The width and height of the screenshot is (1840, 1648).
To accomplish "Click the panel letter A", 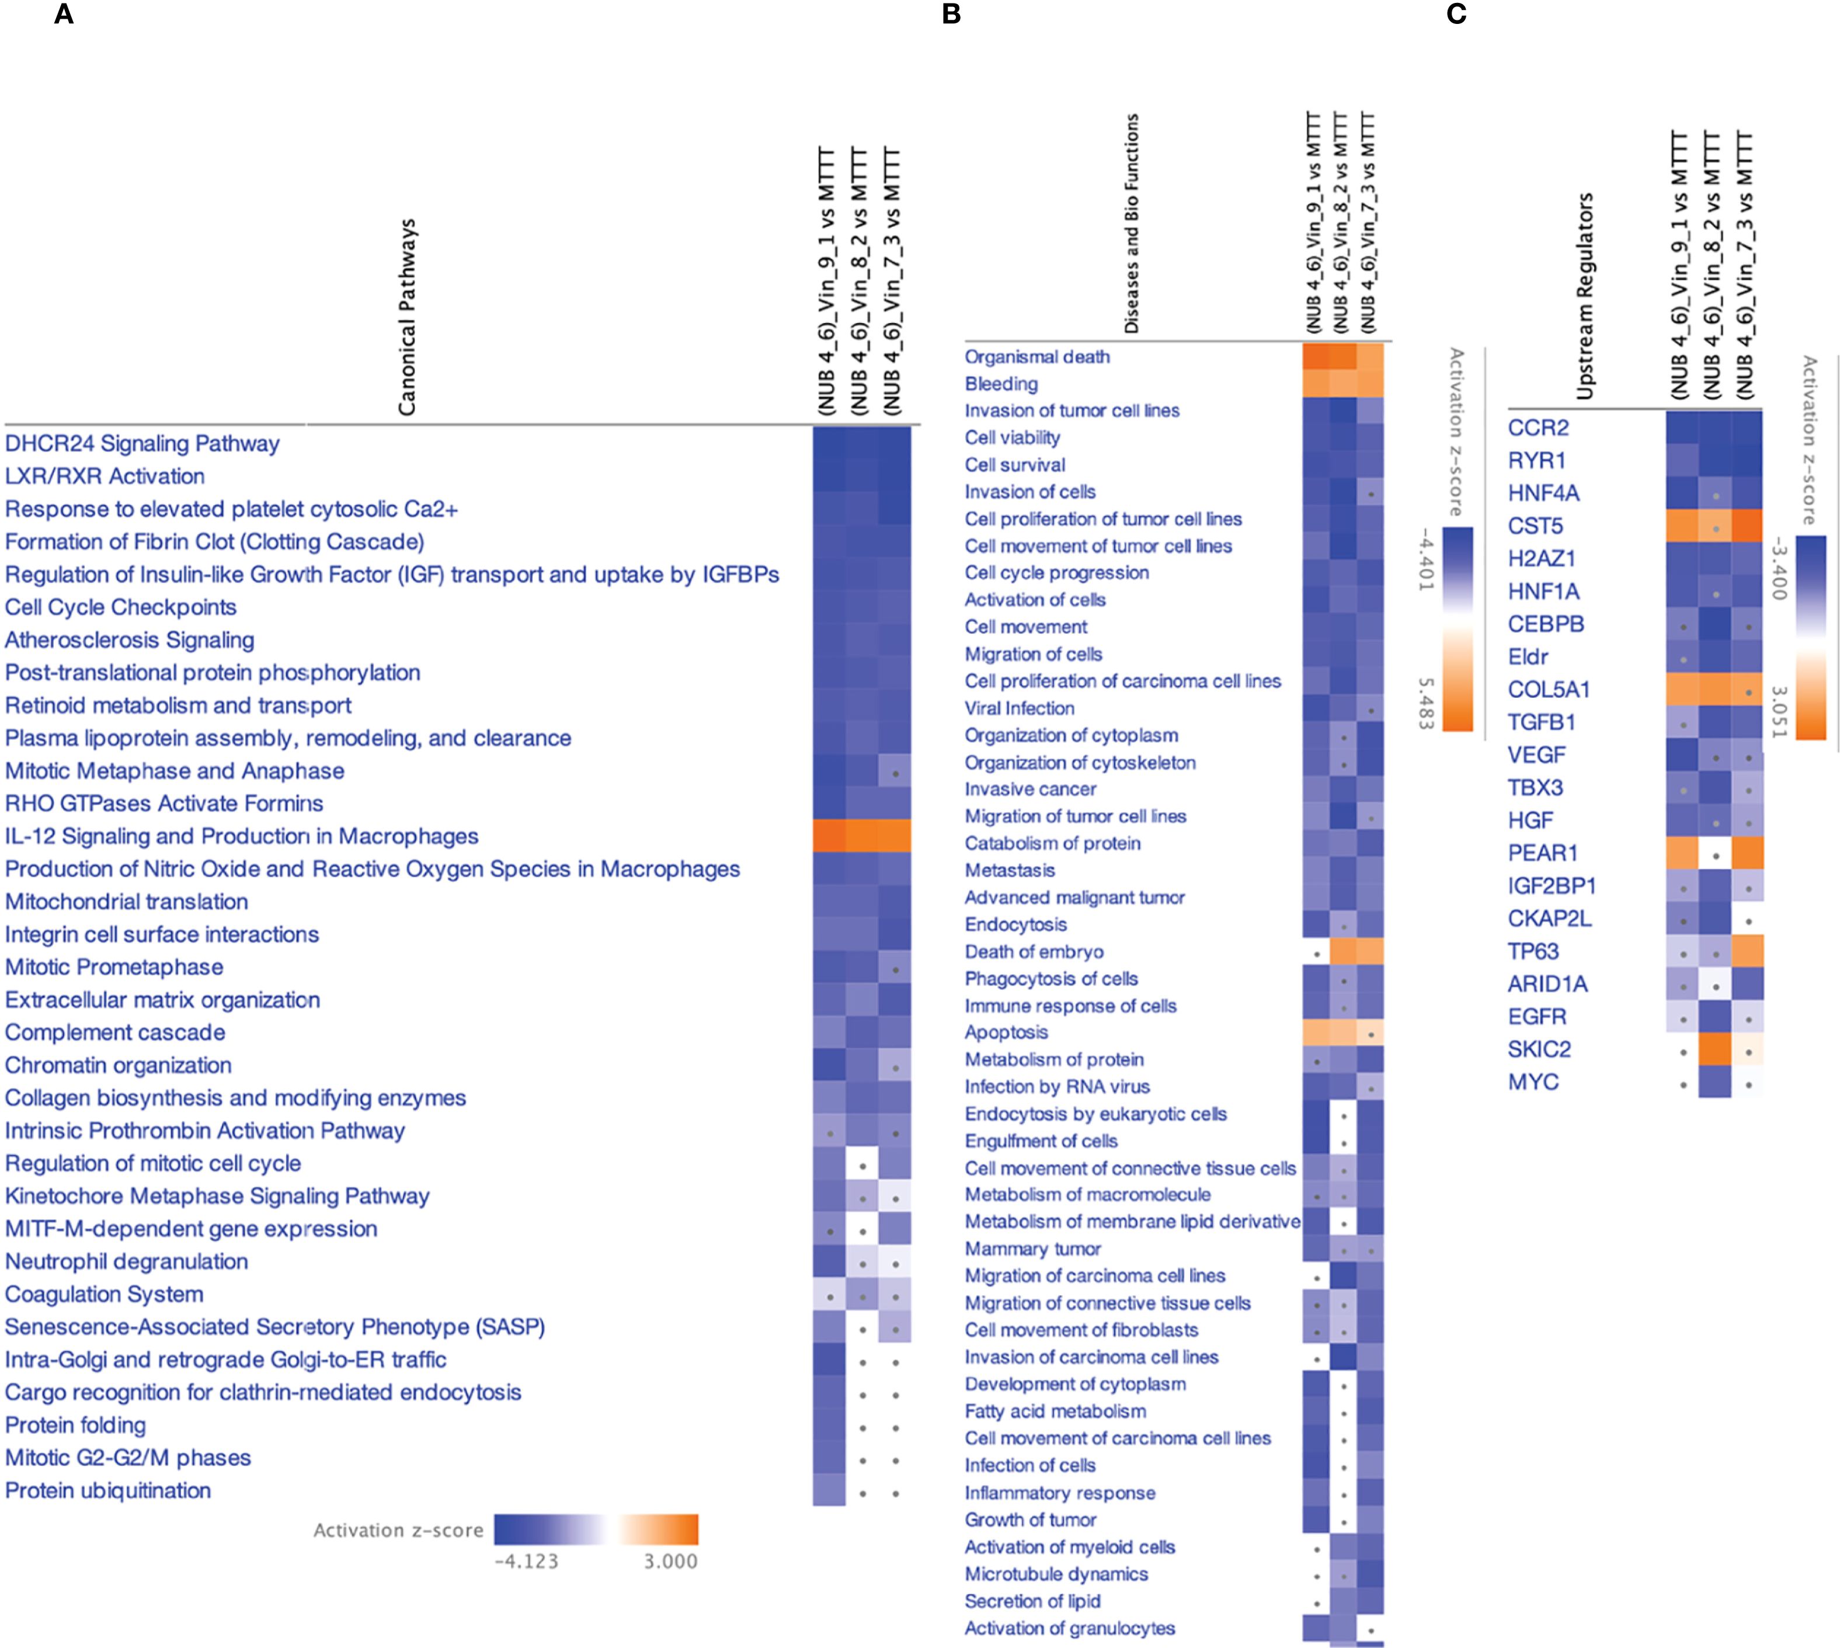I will pos(64,15).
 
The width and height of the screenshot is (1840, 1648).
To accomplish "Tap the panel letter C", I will pos(1456,15).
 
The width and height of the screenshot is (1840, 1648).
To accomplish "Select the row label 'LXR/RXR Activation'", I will pos(105,477).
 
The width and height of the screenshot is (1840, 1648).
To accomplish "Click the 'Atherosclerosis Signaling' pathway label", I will pos(130,640).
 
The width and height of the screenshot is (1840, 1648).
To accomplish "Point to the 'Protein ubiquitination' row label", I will pos(108,1490).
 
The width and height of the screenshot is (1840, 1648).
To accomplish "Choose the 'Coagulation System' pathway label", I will pos(104,1294).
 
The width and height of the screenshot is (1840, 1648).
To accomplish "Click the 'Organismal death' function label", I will pos(1037,357).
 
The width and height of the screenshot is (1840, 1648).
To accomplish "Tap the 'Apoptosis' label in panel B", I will pos(1006,1032).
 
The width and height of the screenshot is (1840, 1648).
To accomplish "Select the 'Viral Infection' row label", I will pos(1020,708).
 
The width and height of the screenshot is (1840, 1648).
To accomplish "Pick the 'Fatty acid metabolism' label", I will pos(1055,1411).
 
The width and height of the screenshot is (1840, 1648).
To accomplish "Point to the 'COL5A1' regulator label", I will pos(1549,689).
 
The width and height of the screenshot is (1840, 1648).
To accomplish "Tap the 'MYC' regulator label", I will pos(1533,1082).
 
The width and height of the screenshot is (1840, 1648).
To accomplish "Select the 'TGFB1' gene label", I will pos(1541,722).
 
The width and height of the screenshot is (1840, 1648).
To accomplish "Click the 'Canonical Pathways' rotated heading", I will pos(408,317).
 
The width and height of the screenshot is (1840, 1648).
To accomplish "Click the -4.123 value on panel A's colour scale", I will pos(526,1561).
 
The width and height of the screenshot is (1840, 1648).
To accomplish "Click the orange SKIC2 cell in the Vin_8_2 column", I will pos(1715,1049).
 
